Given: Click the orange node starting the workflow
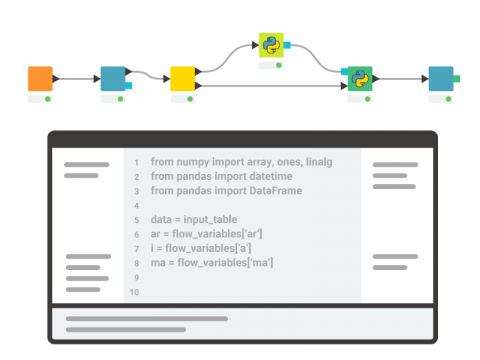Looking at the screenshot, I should pos(40,78).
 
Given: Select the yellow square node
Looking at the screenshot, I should pos(182,78).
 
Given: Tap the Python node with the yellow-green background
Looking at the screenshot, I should pos(271,45).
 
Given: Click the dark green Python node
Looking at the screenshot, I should pos(359,78).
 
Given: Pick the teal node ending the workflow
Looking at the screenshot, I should pos(440,78).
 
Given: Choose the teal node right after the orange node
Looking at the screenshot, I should pos(112,78).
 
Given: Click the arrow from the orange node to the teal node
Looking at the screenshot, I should pos(76,78).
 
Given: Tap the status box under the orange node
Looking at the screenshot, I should pos(40,99).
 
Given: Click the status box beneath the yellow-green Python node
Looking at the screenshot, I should pos(271,65).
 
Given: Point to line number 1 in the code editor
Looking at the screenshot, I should pos(135,161).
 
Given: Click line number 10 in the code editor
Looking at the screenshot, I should pos(135,292).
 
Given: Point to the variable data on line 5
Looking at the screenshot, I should pos(162,219).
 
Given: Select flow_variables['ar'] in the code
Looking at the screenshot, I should pos(220,234).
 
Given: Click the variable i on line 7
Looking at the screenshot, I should pos(152,248).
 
